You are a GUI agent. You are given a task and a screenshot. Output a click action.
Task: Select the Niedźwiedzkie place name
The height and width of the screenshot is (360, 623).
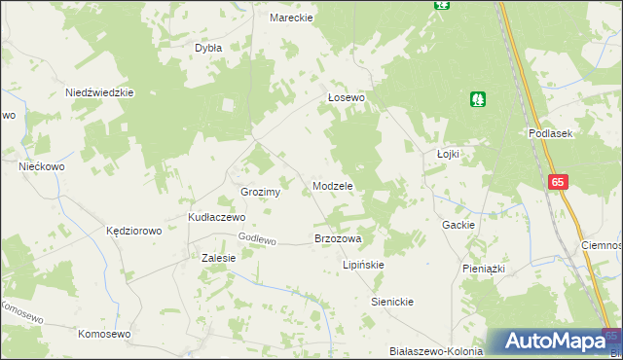coord(98,92)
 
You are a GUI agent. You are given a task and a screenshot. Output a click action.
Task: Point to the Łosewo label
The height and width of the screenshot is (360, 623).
coord(346,98)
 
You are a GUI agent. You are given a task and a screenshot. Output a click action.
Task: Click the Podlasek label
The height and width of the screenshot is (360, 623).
coord(549,133)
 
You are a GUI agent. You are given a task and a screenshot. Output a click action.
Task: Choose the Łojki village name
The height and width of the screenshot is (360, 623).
coord(448,154)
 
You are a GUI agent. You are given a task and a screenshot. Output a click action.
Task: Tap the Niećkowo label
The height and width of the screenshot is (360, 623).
coord(42,166)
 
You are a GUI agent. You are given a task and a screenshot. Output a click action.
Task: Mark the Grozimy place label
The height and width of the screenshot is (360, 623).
coord(260,192)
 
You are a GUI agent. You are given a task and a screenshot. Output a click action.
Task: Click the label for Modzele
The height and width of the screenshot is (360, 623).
coord(332,185)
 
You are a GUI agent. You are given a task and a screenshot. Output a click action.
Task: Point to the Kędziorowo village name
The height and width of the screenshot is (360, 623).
coord(133,232)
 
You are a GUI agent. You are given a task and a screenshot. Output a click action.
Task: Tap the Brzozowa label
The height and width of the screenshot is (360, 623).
coord(338,238)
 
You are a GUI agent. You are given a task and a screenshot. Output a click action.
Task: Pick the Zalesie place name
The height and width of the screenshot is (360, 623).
coord(219,258)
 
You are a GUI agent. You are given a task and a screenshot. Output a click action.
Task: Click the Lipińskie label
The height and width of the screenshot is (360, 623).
coord(364,265)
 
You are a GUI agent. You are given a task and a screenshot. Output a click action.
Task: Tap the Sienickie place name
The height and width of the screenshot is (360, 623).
coord(393,302)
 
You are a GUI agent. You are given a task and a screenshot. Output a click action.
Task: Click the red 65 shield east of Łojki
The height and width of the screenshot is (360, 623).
coord(558,182)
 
